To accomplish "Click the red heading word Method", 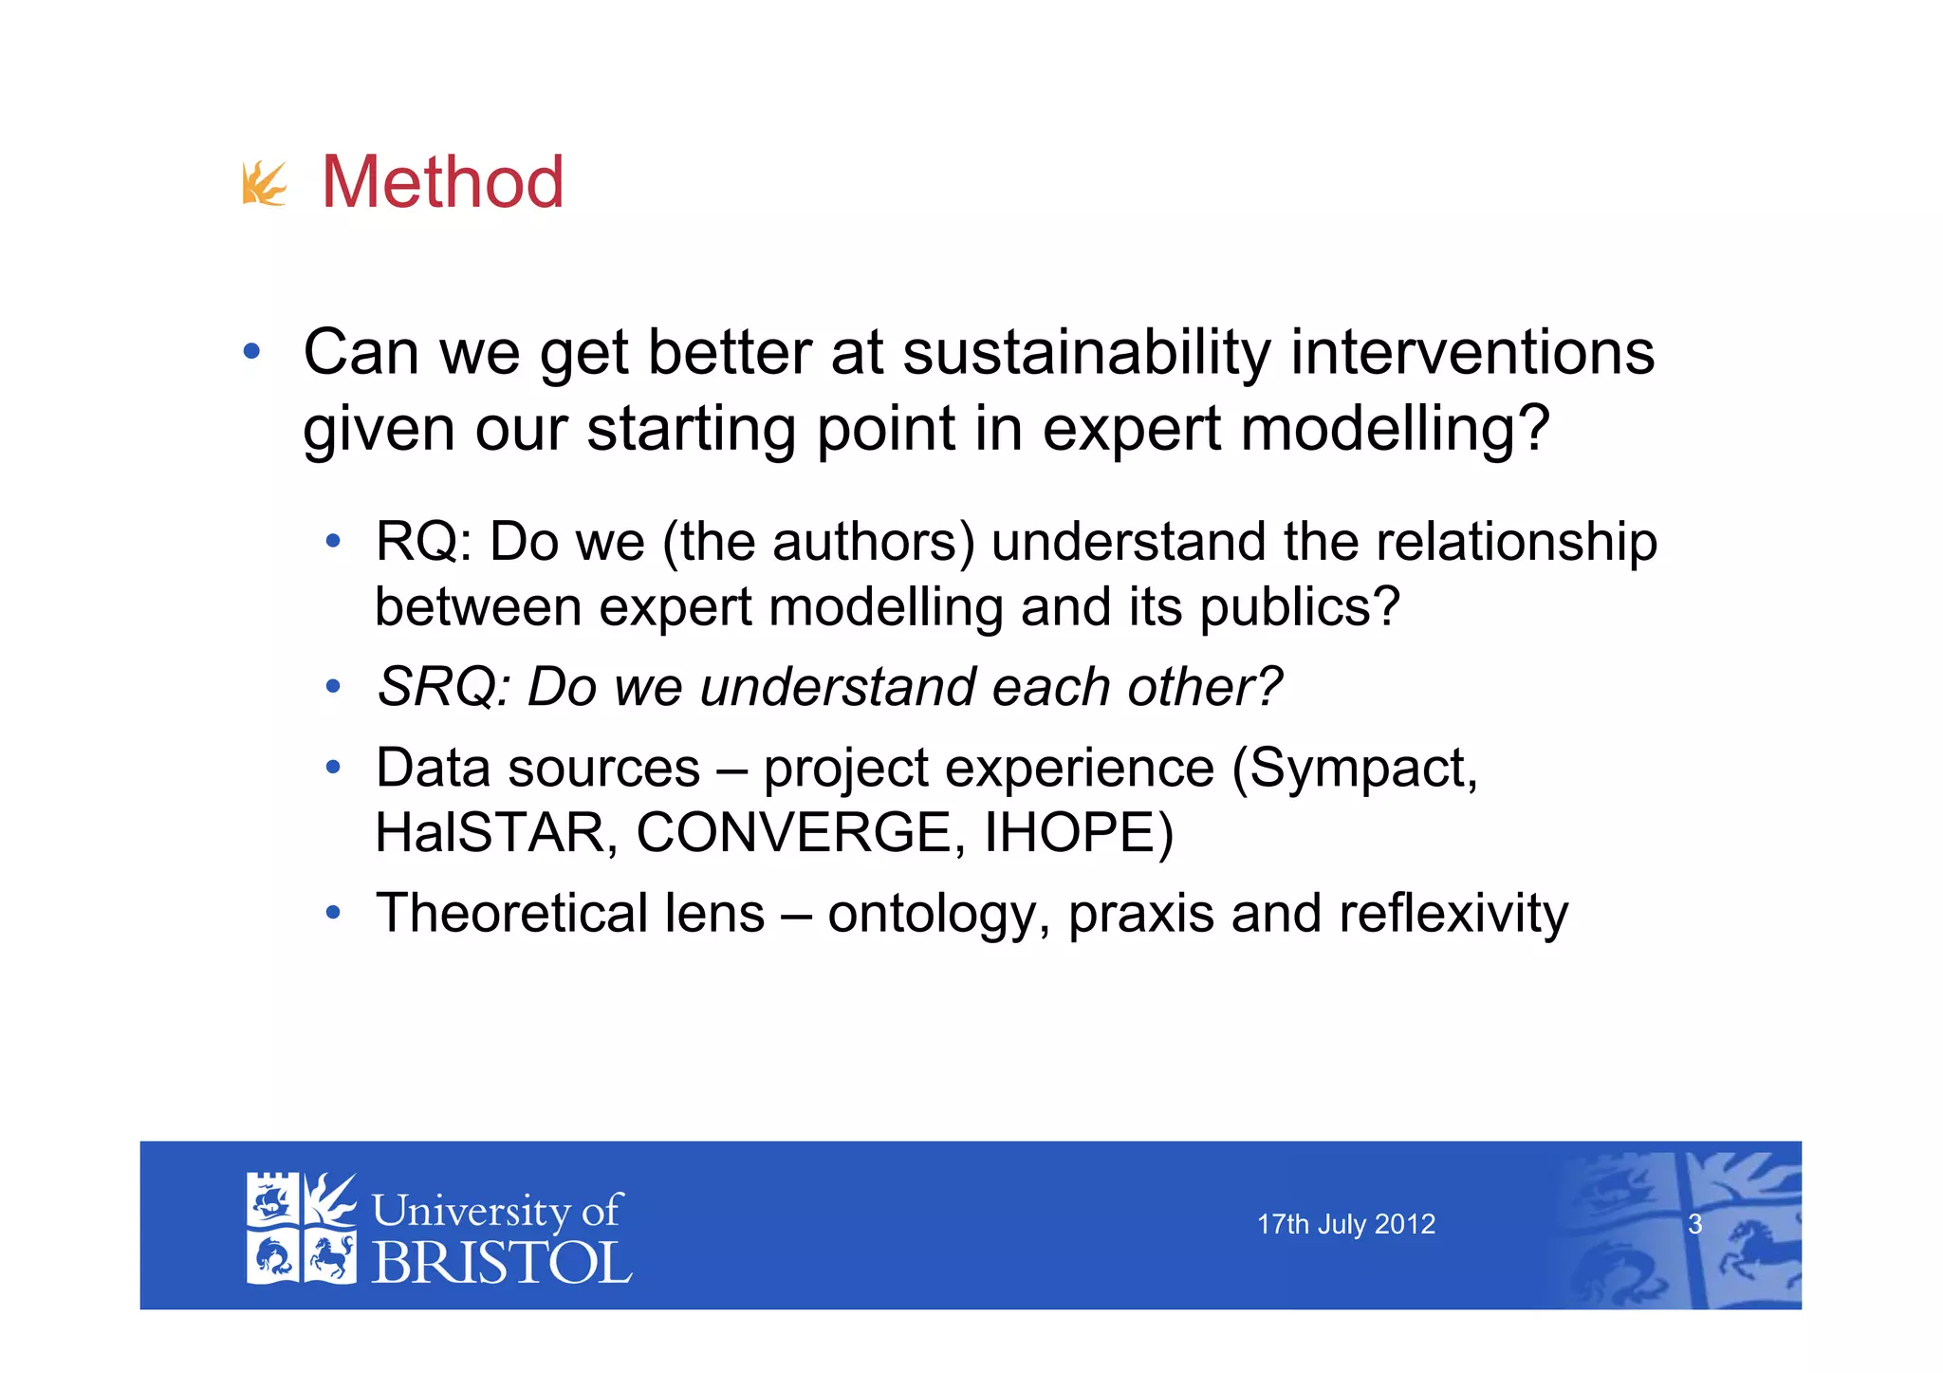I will click(443, 182).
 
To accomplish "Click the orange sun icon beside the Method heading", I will click(264, 184).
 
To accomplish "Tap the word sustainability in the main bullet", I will click(1085, 353).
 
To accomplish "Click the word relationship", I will click(1516, 543).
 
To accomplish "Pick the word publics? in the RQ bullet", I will click(1300, 607).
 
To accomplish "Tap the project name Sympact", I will click(1362, 769).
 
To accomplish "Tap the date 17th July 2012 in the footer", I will click(1345, 1225).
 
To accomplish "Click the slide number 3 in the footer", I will click(1694, 1225).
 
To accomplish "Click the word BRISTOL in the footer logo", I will click(501, 1264).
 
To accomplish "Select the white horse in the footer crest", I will click(329, 1257).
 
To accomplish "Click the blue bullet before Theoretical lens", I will click(332, 914).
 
